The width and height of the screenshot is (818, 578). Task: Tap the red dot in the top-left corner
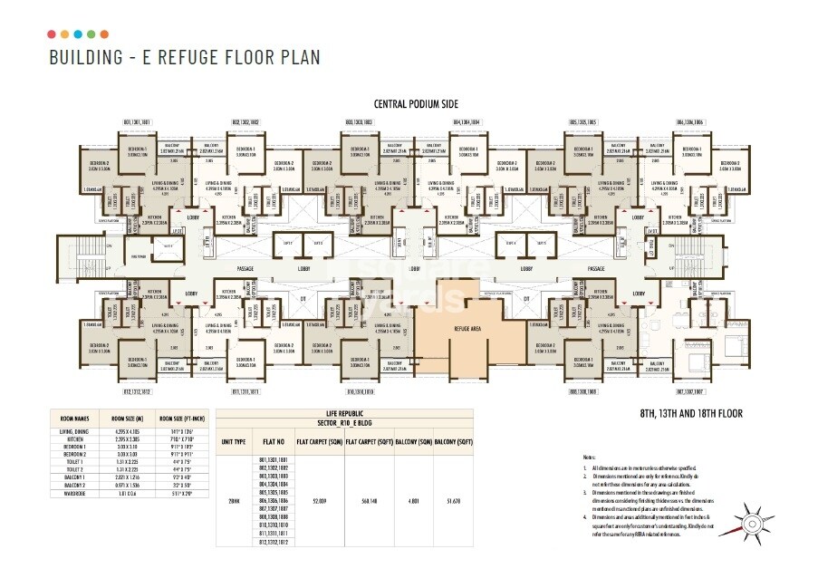tap(52, 34)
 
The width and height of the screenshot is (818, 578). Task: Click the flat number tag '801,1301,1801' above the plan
tap(137, 120)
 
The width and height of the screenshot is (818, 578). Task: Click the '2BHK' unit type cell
tap(233, 499)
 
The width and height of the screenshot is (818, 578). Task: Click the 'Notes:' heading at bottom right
tap(589, 458)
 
